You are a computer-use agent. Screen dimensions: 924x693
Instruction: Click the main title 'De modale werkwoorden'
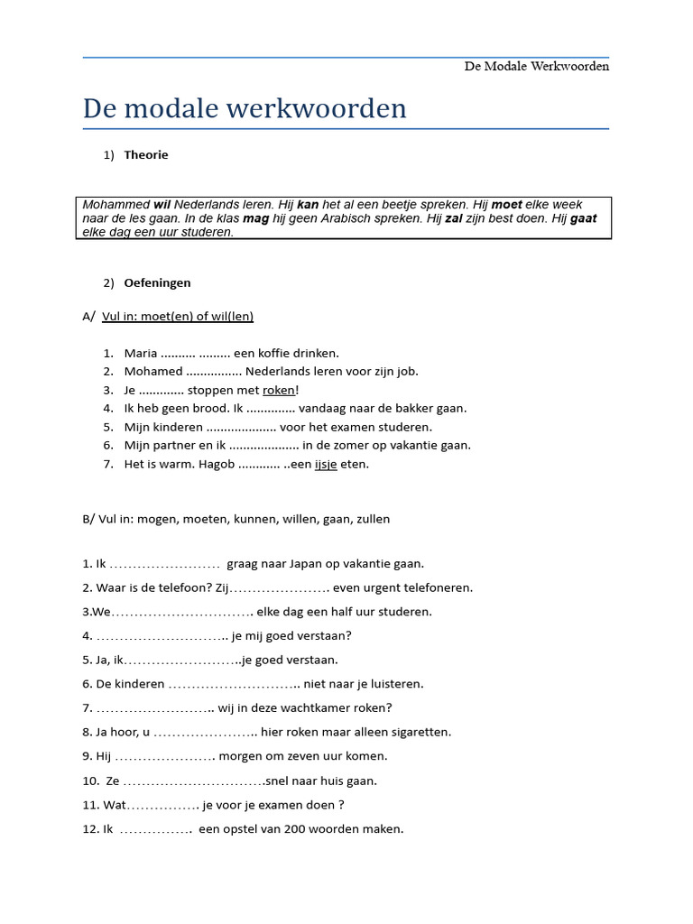(x=245, y=108)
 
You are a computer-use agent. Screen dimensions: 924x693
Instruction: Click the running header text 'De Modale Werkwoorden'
(x=536, y=67)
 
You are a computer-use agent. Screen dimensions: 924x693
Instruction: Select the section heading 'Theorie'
(x=146, y=154)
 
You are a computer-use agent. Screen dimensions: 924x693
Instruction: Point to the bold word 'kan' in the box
(x=309, y=205)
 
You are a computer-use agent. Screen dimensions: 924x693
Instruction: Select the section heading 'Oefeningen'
(x=157, y=282)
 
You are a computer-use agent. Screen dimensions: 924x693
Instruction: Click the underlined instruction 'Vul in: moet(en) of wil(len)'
(x=178, y=316)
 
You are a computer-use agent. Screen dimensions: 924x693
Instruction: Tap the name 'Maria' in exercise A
(x=141, y=353)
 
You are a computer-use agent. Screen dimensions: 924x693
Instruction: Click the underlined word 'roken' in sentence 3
(x=278, y=390)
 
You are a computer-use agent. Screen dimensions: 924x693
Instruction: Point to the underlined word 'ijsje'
(x=325, y=464)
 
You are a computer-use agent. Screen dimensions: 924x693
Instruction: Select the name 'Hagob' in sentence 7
(x=216, y=464)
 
